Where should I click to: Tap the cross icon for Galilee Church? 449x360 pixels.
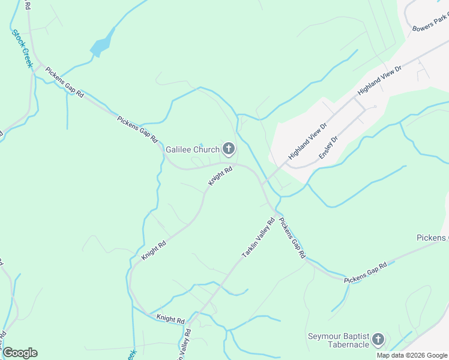pyautogui.click(x=228, y=148)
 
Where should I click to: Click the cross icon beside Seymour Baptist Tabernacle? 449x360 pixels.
pyautogui.click(x=378, y=340)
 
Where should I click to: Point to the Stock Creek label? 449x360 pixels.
pyautogui.click(x=21, y=49)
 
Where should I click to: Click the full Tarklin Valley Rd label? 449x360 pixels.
pyautogui.click(x=258, y=238)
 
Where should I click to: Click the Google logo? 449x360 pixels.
pyautogui.click(x=20, y=353)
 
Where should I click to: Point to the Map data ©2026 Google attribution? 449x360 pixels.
pyautogui.click(x=412, y=355)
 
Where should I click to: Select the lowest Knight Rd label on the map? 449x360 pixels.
pyautogui.click(x=170, y=319)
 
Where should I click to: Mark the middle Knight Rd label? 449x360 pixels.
pyautogui.click(x=154, y=250)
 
